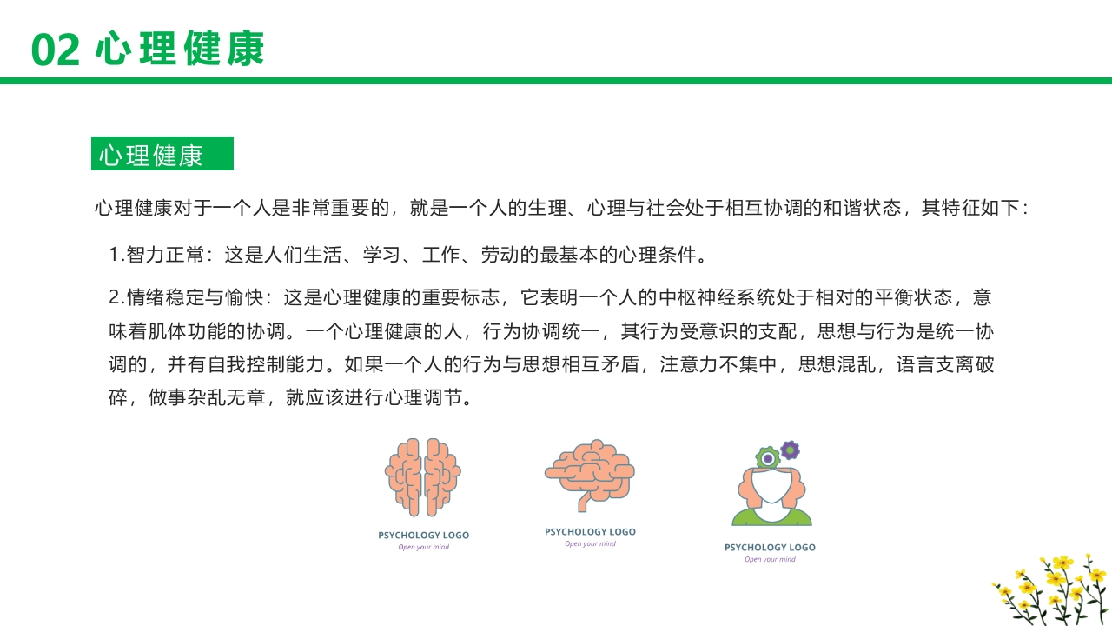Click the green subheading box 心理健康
162,154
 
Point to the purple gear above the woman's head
790,450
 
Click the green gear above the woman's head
767,457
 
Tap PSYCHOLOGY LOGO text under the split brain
423,536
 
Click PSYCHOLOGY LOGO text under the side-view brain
590,531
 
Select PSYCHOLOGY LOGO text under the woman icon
770,548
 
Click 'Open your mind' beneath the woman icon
770,560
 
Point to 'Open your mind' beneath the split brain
423,547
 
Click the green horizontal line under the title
556,81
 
